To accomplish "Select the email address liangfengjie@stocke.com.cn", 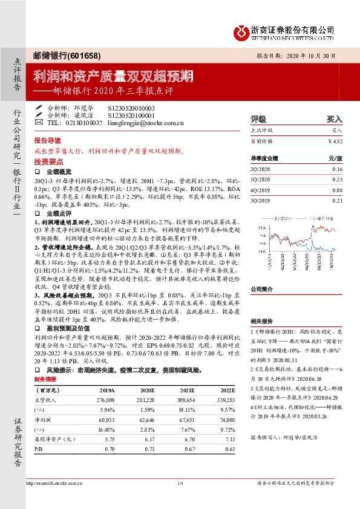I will click(x=147, y=123).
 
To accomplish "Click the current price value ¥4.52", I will click(x=335, y=141).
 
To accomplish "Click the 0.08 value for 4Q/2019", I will click(x=337, y=190).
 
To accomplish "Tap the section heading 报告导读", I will click(x=47, y=138).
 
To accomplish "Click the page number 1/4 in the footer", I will click(x=180, y=483).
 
